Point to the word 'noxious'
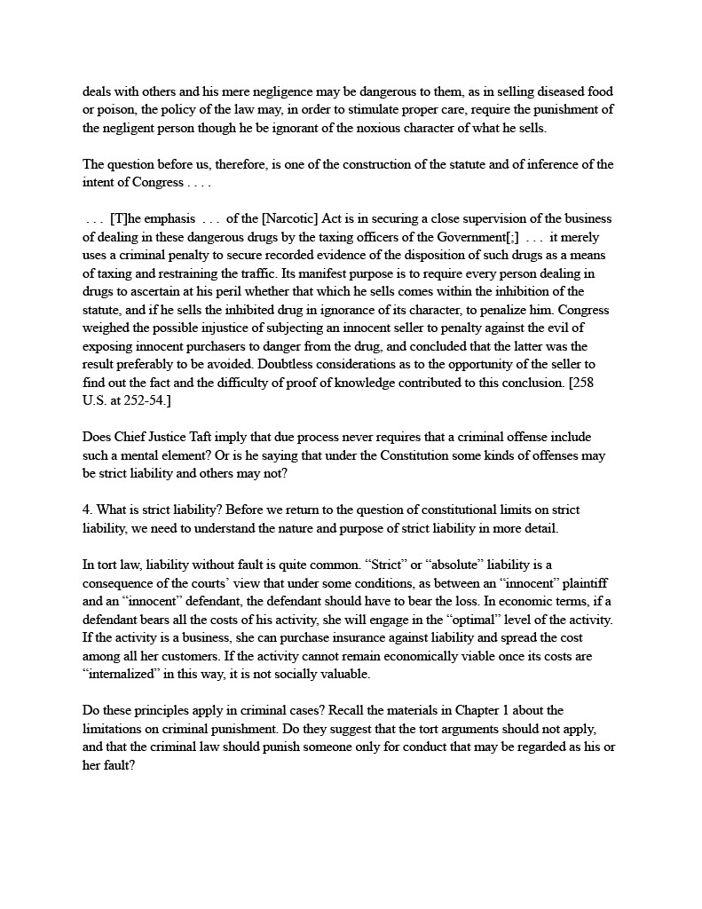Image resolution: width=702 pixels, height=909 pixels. [387, 128]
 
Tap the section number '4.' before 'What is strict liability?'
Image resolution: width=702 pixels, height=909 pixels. [88, 510]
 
